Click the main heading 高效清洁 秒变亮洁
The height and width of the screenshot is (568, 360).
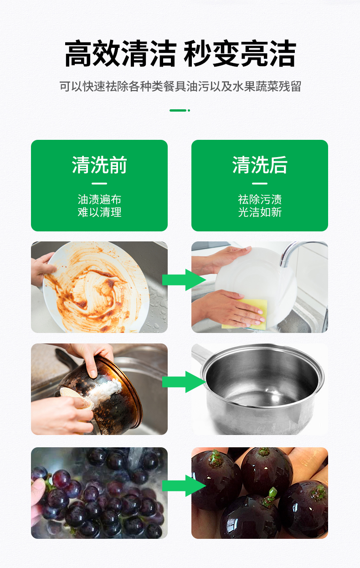point(180,54)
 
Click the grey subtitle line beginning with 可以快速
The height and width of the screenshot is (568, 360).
point(180,87)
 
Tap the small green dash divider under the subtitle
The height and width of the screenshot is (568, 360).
point(180,110)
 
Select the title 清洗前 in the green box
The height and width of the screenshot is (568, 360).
point(99,165)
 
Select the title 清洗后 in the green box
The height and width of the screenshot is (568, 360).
point(260,165)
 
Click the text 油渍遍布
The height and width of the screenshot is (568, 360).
point(99,200)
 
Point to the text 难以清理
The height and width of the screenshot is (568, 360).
point(99,212)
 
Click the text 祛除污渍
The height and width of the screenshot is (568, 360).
point(260,200)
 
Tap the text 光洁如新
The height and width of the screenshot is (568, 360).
point(260,212)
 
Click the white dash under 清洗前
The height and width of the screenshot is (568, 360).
point(99,183)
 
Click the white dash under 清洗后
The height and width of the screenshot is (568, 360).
point(260,183)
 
